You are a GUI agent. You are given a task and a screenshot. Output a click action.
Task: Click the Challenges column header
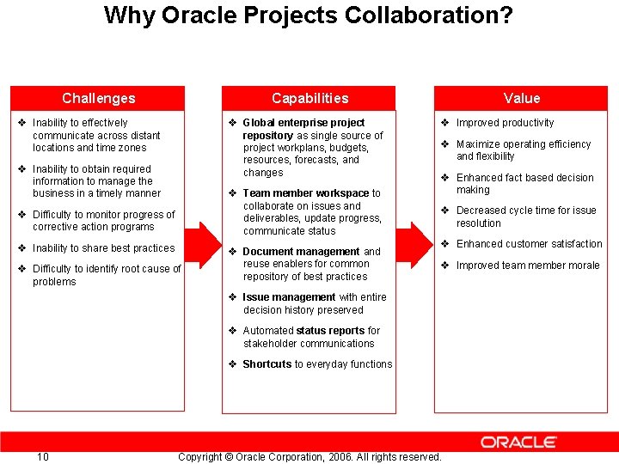coord(98,98)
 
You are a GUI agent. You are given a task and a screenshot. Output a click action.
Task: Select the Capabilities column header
coord(310,98)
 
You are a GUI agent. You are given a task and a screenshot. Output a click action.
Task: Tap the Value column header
coord(522,98)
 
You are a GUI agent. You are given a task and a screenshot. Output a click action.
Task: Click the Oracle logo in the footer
coord(518,442)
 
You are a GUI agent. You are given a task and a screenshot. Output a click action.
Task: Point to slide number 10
coord(43,456)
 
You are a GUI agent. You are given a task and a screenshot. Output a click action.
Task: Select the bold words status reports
coord(330,331)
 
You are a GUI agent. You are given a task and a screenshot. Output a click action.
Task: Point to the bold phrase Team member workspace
coord(305,193)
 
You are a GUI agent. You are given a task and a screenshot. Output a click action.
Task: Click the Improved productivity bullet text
coord(505,123)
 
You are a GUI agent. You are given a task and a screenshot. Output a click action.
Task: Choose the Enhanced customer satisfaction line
coord(529,244)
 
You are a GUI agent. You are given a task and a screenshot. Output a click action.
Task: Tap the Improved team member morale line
coord(528,266)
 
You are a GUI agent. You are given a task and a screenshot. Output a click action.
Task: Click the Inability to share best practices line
coord(103,248)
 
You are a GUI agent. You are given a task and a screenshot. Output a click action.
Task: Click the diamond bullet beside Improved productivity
coord(445,123)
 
